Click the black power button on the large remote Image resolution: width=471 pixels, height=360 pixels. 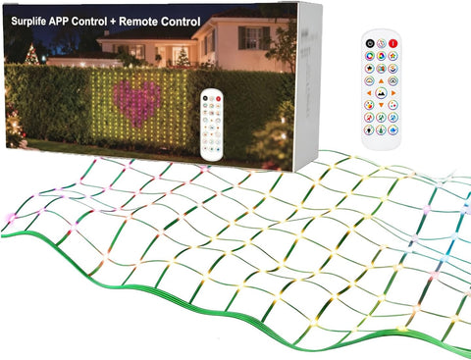tap(370, 43)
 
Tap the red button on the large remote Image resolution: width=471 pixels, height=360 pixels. tap(393, 43)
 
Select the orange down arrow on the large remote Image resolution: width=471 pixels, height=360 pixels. tap(381, 105)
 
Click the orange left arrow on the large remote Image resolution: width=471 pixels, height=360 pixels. tap(369, 93)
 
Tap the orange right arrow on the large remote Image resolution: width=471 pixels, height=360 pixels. tap(393, 93)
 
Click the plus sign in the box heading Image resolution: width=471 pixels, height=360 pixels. tap(113, 22)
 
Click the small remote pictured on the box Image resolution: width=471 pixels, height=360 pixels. tap(212, 125)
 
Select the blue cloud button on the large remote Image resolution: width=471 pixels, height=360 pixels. tap(392, 129)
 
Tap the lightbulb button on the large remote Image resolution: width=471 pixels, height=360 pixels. tap(369, 129)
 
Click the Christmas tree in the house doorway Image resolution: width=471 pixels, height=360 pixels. tap(183, 56)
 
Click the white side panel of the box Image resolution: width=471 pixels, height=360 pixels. tap(308, 85)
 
